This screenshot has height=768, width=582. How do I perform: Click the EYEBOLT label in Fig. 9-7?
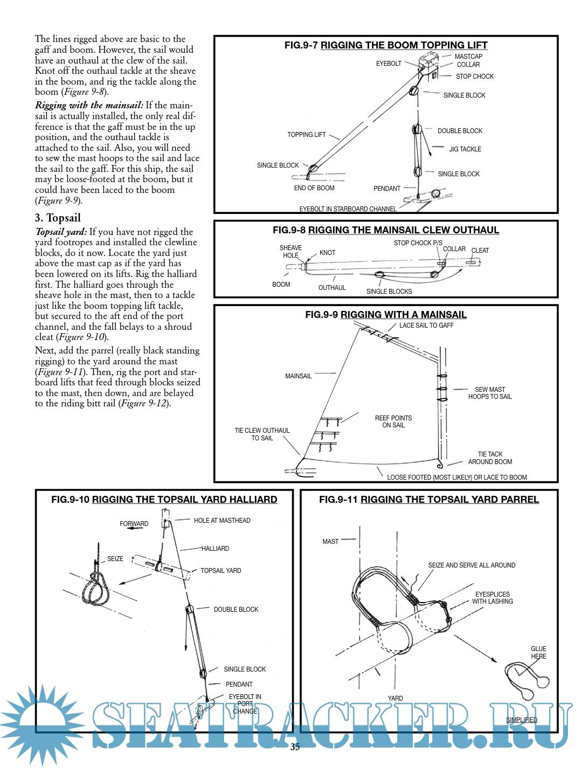tap(389, 64)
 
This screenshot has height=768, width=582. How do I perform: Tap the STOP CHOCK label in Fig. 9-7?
tap(474, 77)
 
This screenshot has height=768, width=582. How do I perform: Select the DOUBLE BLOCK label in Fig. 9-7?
tap(460, 131)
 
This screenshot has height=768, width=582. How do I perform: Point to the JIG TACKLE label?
tap(465, 149)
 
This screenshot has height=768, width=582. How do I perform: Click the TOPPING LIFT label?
tap(306, 135)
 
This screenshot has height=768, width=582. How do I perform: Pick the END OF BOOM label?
tap(314, 188)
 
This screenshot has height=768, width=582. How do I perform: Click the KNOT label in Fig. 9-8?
tap(327, 253)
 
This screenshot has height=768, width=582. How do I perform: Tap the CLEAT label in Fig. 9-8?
tap(480, 251)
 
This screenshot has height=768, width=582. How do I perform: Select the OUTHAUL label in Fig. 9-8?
tap(332, 288)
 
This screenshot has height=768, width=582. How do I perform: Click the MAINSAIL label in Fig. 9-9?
tap(299, 376)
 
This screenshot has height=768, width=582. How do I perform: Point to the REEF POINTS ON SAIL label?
tap(393, 421)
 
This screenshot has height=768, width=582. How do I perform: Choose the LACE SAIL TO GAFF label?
tap(426, 326)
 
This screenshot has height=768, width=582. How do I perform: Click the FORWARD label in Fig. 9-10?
tap(134, 524)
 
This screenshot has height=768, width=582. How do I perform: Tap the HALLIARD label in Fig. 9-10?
tap(215, 549)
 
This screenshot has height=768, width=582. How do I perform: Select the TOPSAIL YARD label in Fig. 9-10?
tap(220, 571)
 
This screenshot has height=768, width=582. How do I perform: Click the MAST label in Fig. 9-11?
tap(330, 542)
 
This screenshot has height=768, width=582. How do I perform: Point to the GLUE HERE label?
tap(538, 653)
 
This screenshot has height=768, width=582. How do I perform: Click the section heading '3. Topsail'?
tap(58, 218)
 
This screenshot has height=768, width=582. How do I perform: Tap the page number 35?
tap(295, 747)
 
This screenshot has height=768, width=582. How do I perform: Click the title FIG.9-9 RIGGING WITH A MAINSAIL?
tap(386, 315)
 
